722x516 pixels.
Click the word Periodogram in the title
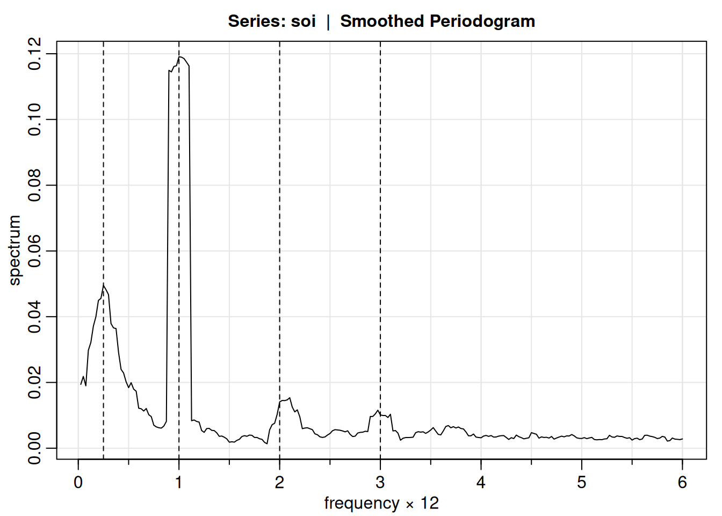(x=482, y=21)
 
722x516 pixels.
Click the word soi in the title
(x=304, y=21)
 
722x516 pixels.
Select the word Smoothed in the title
(x=382, y=21)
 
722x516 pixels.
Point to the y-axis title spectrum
(x=15, y=250)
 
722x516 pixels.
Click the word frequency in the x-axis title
(x=362, y=503)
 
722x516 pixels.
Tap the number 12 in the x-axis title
(x=429, y=503)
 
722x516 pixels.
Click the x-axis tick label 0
(x=78, y=482)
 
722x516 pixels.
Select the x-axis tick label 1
(x=179, y=482)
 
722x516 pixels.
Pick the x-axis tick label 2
(x=279, y=482)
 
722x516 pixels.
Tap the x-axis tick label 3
(x=380, y=482)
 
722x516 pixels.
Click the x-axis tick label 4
(x=481, y=482)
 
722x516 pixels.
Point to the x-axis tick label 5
(x=581, y=482)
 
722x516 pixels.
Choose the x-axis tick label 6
(x=682, y=482)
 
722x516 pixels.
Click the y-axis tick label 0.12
(x=35, y=54)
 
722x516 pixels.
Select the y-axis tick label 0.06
(x=35, y=251)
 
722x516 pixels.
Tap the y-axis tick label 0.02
(x=35, y=382)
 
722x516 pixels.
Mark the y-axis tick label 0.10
(x=35, y=119)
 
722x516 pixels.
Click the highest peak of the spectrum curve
(x=179, y=56)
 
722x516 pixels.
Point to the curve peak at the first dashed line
(x=103, y=285)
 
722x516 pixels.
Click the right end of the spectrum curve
(x=682, y=439)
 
